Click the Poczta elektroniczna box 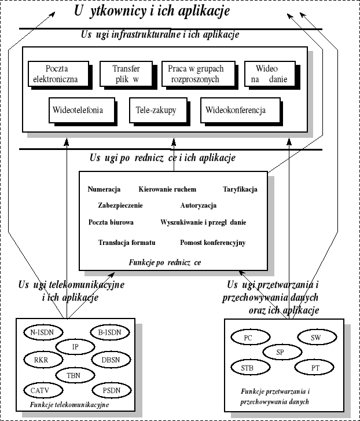pyautogui.click(x=60, y=74)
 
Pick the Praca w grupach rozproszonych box pyautogui.click(x=196, y=74)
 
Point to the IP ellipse pyautogui.click(x=75, y=346)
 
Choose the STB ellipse pyautogui.click(x=247, y=367)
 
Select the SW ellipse pyautogui.click(x=315, y=337)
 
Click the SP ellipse pyautogui.click(x=280, y=352)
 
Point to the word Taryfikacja pyautogui.click(x=240, y=189)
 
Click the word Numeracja pyautogui.click(x=104, y=189)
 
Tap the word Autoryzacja pyautogui.click(x=198, y=206)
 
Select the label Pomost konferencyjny pyautogui.click(x=212, y=243)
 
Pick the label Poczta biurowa pyautogui.click(x=111, y=222)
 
